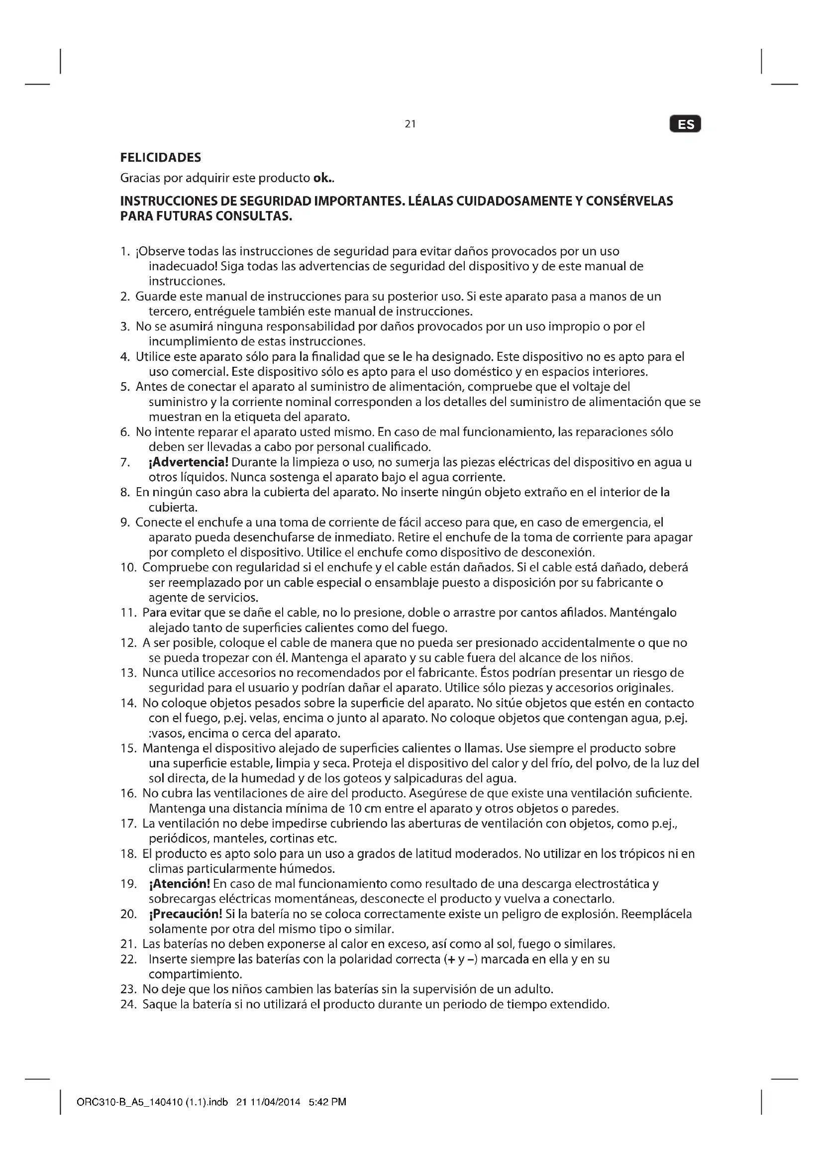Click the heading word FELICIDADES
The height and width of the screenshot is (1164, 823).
tap(161, 158)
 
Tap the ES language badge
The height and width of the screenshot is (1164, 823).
tap(685, 124)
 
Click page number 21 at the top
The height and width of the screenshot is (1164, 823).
tap(411, 124)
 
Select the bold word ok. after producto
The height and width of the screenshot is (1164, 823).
tap(323, 179)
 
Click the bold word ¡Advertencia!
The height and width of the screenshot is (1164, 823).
tap(189, 462)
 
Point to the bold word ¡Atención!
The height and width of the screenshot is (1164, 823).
tap(180, 884)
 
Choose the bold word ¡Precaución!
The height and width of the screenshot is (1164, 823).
tap(186, 914)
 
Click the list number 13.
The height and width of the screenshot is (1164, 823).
tap(129, 673)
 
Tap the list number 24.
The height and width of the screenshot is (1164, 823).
tap(129, 1004)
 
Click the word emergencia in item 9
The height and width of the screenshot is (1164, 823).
tap(614, 523)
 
